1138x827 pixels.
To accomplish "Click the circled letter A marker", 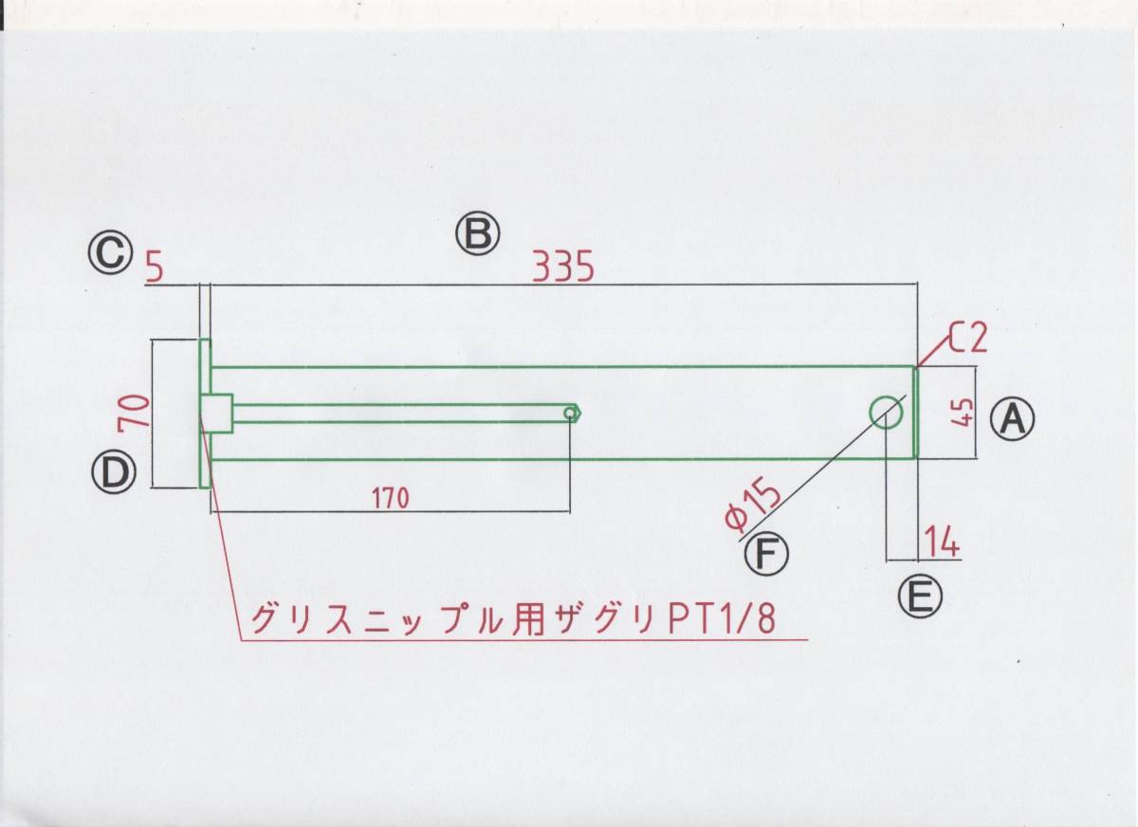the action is click(x=1013, y=417).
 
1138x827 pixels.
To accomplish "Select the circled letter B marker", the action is click(x=476, y=233).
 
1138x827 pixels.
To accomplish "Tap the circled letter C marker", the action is click(x=110, y=253).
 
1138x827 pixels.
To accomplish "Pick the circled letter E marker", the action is click(x=918, y=596).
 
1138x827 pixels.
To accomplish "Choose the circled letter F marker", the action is click(x=765, y=554).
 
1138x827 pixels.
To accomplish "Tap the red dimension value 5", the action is click(x=156, y=269).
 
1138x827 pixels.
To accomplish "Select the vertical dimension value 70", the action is click(x=136, y=413).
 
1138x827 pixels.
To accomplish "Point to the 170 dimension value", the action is click(x=392, y=498).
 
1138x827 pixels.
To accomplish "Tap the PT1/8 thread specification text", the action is click(x=722, y=620).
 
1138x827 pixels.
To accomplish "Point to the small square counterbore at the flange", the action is click(x=217, y=413).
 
